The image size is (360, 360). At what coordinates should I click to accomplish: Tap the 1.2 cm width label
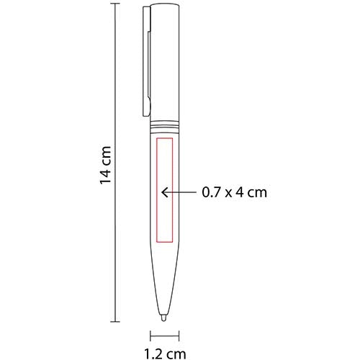click(165, 353)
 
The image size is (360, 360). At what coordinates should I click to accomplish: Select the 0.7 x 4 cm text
click(234, 192)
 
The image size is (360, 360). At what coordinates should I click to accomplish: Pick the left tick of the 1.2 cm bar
click(150, 335)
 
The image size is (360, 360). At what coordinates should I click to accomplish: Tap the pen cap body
click(166, 58)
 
